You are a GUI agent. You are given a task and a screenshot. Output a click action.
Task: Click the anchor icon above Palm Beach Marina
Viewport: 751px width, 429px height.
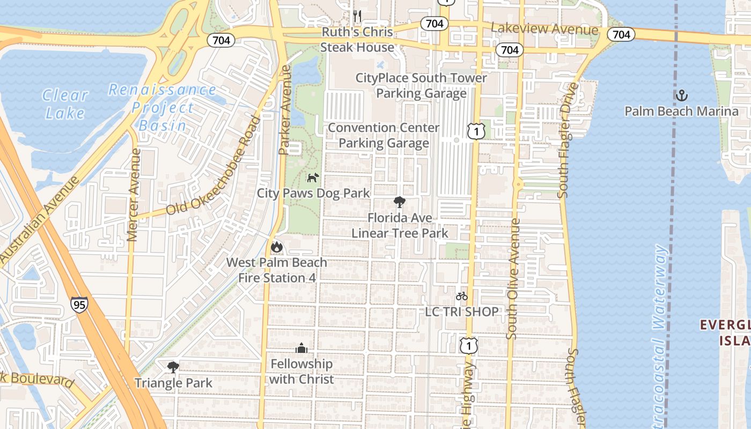point(681,96)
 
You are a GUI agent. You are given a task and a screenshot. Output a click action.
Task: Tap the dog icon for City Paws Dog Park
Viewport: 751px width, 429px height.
point(313,177)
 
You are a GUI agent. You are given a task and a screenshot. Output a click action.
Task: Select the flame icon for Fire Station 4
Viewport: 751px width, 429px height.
point(277,247)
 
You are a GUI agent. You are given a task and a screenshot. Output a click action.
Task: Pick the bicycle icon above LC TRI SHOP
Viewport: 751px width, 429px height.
point(461,296)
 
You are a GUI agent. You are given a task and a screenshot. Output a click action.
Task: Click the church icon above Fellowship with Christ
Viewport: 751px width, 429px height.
point(301,349)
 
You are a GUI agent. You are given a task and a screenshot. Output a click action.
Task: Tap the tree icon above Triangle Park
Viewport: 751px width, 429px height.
point(173,367)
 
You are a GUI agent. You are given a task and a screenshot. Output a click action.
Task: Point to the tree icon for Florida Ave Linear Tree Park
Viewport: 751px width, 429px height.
point(399,202)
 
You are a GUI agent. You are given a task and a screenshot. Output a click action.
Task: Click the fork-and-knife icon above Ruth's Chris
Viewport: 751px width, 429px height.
point(357,16)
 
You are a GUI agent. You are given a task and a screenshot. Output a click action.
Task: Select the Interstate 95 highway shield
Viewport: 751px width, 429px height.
point(78,305)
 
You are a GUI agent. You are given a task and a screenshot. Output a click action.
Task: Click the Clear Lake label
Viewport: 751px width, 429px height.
point(65,104)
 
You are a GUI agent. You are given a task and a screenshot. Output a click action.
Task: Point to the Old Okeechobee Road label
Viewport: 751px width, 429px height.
point(213,166)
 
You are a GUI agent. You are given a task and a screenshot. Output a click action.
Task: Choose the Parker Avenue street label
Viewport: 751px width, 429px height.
point(284,110)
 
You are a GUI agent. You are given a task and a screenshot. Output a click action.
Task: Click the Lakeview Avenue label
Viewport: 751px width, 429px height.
point(544,29)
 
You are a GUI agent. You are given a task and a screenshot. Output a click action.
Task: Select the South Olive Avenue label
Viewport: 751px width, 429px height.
point(513,278)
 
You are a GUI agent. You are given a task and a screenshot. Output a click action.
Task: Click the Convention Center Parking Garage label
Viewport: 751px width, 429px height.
point(384,135)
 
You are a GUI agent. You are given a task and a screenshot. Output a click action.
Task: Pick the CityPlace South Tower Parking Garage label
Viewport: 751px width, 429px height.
point(421,86)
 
